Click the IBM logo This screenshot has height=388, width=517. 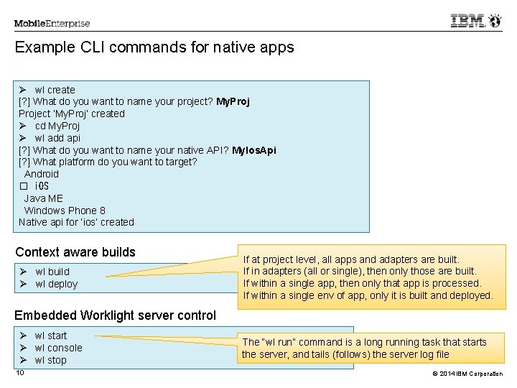467,20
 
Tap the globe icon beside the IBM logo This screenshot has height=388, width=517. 495,20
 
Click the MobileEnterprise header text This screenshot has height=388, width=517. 52,24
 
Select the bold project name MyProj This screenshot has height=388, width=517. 233,101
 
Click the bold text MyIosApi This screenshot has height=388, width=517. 254,150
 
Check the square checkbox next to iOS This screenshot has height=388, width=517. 24,186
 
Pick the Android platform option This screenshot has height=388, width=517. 42,174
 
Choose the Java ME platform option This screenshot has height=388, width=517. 44,198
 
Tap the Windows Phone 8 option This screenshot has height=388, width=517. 65,211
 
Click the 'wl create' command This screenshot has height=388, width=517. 55,90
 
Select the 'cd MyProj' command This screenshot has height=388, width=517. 57,126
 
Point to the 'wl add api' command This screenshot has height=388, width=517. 57,138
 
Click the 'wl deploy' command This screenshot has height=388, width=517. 57,284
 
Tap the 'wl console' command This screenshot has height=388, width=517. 59,348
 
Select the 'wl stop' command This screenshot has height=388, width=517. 51,360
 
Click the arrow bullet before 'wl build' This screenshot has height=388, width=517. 23,272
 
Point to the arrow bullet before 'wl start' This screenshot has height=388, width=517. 23,336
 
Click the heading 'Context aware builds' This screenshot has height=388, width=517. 75,252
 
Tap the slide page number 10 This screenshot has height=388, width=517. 20,373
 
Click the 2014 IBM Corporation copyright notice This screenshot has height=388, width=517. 467,374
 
